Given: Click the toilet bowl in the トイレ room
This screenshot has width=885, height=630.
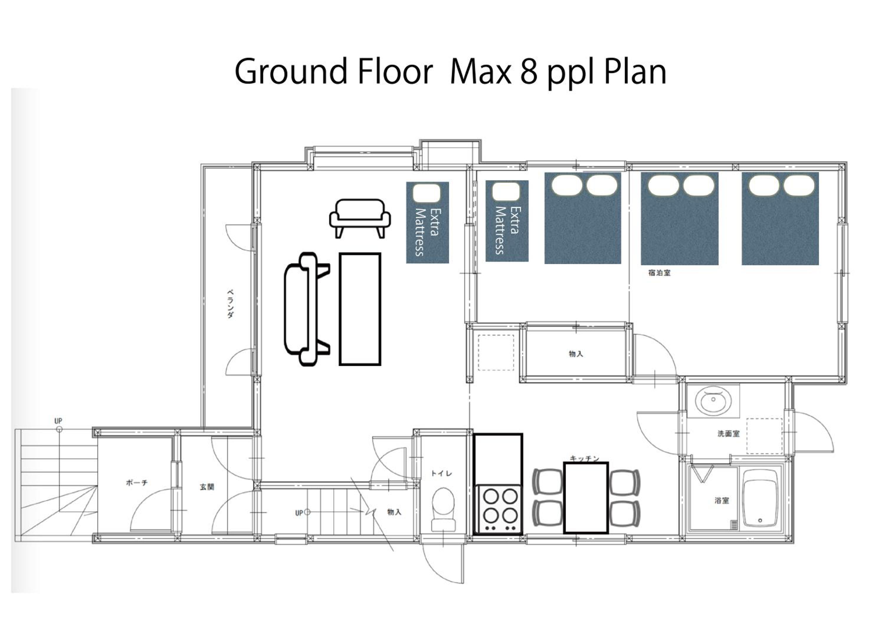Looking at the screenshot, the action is point(443,509).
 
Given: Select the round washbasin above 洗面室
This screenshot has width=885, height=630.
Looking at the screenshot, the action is point(713,401).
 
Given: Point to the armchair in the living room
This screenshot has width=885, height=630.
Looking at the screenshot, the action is point(360,218).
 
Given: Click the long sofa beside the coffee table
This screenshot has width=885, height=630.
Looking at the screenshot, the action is point(307,309).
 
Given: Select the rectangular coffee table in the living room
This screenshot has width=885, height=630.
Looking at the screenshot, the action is point(360,309).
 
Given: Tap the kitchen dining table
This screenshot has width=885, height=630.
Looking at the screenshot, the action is point(586,498).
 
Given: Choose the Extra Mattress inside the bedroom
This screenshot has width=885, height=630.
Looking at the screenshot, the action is point(507,221).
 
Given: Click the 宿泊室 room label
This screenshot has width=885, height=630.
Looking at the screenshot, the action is point(659,273).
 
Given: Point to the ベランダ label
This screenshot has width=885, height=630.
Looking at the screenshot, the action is point(230,304).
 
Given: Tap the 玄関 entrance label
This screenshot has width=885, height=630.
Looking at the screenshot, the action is point(207,487).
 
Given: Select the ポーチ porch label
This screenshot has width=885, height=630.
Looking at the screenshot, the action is point(137,483).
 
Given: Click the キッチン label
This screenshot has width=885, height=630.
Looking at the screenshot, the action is point(584,459).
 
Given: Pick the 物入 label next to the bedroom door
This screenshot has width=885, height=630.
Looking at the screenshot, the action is point(576,353).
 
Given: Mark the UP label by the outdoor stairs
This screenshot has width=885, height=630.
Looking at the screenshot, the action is point(58,420).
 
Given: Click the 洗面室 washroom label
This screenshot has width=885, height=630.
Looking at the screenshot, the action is point(729,433).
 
